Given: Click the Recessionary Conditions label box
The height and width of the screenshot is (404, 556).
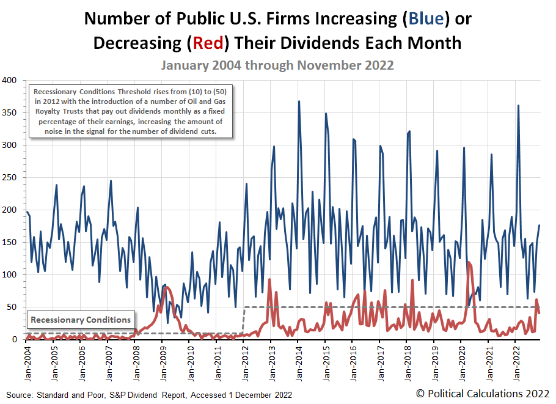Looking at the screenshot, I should click(81, 320).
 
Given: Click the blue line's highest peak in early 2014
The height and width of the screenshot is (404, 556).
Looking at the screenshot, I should click(299, 101).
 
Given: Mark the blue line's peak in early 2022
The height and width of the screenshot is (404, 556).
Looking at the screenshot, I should click(519, 106).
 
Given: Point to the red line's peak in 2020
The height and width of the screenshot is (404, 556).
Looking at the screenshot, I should click(468, 262).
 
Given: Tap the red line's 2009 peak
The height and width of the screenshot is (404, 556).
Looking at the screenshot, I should click(166, 287).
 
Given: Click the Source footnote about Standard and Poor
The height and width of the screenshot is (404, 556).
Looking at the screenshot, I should click(149, 395).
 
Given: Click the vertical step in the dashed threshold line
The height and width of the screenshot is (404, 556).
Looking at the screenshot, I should click(244, 320).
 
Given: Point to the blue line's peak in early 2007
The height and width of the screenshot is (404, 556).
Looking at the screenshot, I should click(111, 181).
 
